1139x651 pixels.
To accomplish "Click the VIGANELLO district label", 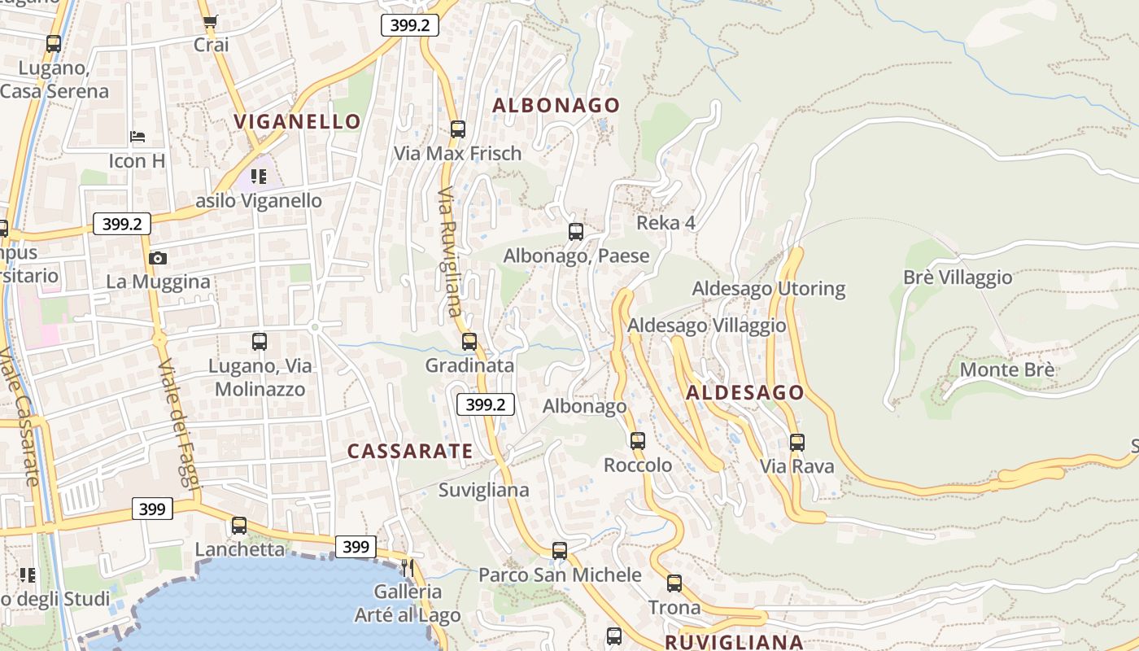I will tap(297, 122).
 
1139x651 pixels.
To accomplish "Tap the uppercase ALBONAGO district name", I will tap(556, 105).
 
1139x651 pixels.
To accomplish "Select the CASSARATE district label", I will tap(410, 451).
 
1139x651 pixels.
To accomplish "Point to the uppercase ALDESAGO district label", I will tap(744, 393).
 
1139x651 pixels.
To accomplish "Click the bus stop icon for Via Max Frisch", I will tap(458, 129).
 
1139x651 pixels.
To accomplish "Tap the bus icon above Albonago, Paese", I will tap(576, 232).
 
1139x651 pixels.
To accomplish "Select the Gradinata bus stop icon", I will tap(469, 342).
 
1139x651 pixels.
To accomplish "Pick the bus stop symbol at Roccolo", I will tap(638, 441).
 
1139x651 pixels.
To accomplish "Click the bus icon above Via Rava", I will tap(797, 443).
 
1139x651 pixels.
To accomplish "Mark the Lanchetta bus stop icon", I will tap(239, 526).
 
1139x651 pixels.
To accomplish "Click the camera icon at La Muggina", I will tap(158, 259).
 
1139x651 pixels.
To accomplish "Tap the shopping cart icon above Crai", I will tap(211, 22).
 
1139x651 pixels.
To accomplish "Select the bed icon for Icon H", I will tap(137, 136).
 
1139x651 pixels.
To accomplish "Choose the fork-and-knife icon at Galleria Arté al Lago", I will tap(408, 567).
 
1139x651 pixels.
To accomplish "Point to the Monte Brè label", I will tap(1007, 370).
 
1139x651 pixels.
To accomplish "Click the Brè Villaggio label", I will tap(958, 277).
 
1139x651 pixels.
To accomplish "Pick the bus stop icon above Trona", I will tap(674, 583).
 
